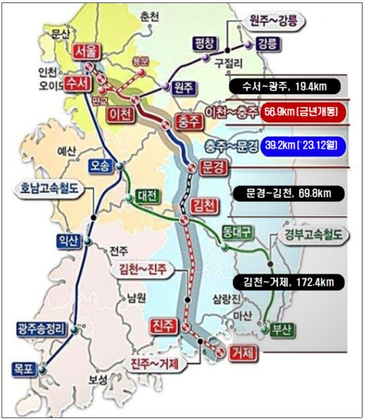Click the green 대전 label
(x=146, y=196)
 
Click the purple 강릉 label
(x=268, y=43)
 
